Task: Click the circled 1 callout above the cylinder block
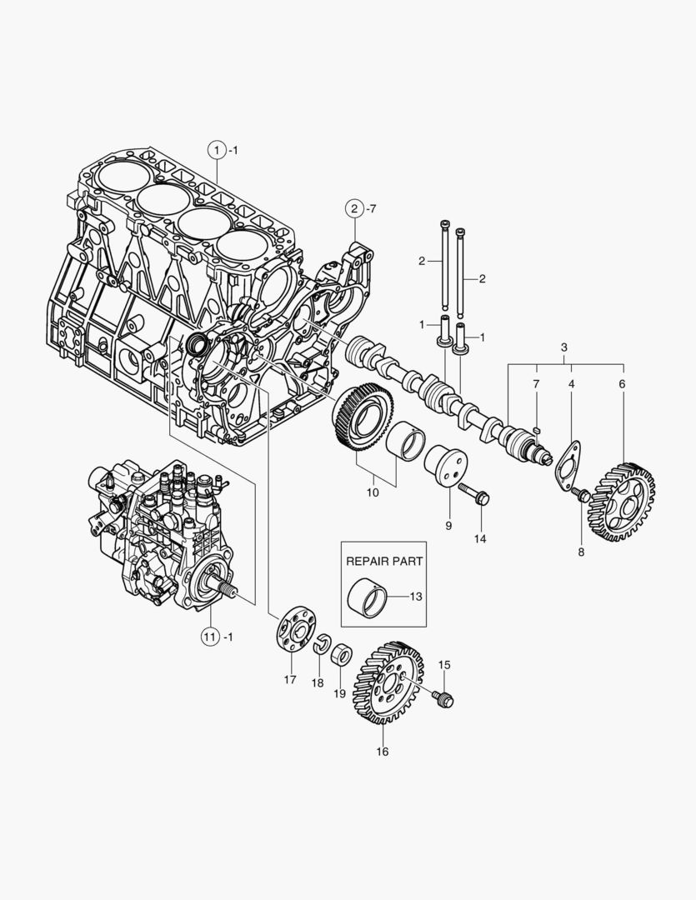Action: pyautogui.click(x=216, y=150)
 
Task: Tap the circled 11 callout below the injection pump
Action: pyautogui.click(x=209, y=637)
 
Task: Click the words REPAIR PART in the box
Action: pyautogui.click(x=385, y=561)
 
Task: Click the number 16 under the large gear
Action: pyautogui.click(x=383, y=752)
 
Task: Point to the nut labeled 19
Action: pyautogui.click(x=341, y=655)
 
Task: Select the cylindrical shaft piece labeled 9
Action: pyautogui.click(x=446, y=467)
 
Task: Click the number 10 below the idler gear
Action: pyautogui.click(x=372, y=492)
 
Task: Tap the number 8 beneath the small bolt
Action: pyautogui.click(x=580, y=552)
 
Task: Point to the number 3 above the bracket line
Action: pyautogui.click(x=564, y=347)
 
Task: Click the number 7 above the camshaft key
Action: pyautogui.click(x=537, y=383)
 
